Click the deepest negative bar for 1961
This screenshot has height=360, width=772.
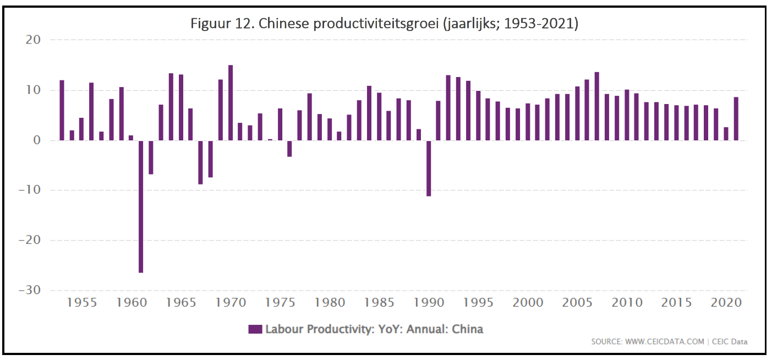tap(141, 206)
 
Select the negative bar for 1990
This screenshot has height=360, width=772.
tap(429, 168)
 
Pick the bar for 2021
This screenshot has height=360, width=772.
tap(736, 119)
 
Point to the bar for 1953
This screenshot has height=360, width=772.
tap(62, 110)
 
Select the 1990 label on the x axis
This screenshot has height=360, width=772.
tap(429, 302)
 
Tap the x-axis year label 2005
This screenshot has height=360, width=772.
tap(577, 302)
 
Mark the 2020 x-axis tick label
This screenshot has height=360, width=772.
tap(726, 302)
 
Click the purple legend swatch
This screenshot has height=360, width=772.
tap(255, 329)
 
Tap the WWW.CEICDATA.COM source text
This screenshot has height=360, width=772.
tap(664, 342)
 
